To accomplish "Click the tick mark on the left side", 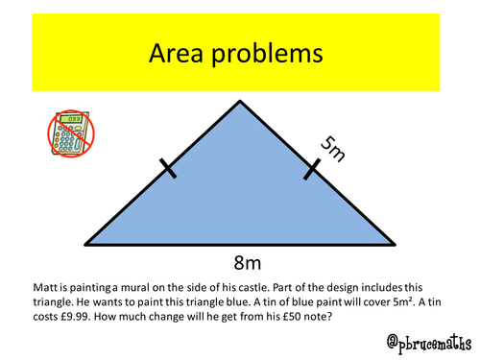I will click(x=168, y=170).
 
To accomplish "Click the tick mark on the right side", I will click(x=311, y=170).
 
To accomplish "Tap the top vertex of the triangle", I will click(x=240, y=99).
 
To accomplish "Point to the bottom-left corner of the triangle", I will click(x=86, y=245).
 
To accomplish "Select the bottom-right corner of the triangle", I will click(x=394, y=245).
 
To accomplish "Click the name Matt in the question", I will click(x=30, y=286).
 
